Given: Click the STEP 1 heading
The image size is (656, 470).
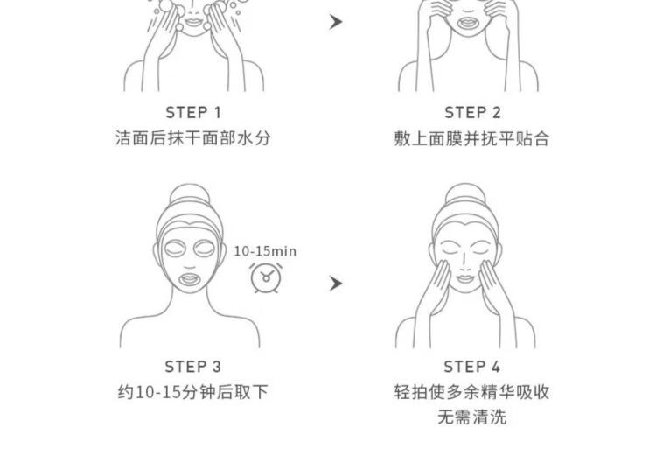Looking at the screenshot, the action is pos(193,113).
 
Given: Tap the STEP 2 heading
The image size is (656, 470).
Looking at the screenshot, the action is pos(472,113).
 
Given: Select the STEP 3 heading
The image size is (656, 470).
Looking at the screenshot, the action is pos(193,367).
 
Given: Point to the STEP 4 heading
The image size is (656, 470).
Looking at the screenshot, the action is pos(472,367).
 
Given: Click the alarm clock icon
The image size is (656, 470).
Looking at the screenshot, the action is pos(266,277).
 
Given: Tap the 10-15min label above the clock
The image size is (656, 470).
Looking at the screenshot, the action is pos(265,251).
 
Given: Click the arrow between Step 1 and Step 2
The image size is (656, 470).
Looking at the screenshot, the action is pos(336,22).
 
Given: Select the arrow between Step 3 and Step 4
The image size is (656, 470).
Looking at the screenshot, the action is pos(336,284).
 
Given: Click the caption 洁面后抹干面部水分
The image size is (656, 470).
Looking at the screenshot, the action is pos(193,137).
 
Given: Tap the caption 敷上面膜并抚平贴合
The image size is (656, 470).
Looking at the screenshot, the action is pos(471,138).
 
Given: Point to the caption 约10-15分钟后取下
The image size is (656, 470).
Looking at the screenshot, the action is pos(193,392).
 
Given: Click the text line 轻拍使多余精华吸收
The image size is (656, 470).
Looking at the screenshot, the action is pos(471,392).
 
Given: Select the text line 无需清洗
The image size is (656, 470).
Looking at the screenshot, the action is pos(472,417).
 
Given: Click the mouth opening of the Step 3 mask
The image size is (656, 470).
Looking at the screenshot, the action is pos(190,278).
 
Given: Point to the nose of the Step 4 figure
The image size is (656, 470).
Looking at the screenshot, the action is pos(464,263).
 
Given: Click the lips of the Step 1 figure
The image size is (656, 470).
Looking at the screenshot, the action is pos(193,21).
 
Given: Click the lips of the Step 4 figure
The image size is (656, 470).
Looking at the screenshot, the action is pos(464,278).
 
